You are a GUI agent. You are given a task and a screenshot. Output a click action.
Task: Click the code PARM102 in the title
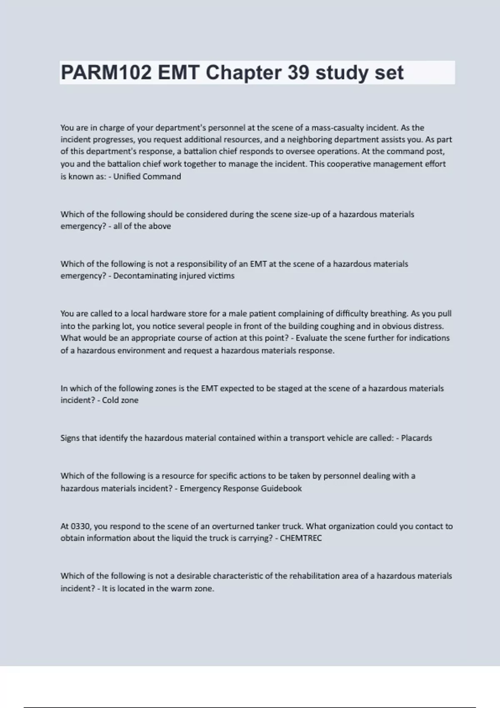[x=106, y=73]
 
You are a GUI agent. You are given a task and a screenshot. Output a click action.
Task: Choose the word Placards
[x=416, y=438]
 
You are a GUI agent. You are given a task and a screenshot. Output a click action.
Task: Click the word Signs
[x=70, y=438]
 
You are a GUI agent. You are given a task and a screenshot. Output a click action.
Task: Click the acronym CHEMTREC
[x=301, y=538]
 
